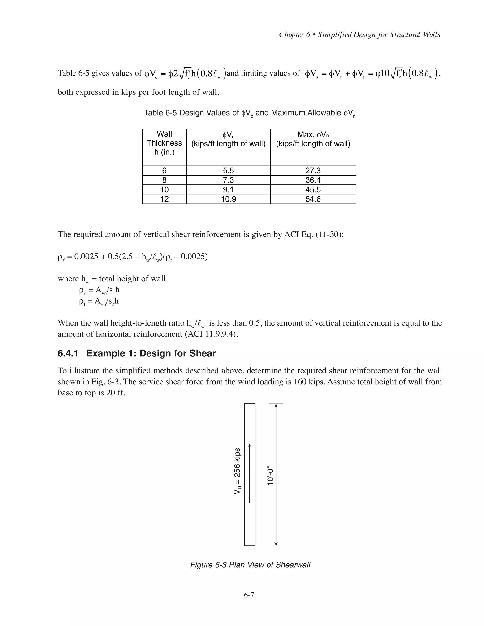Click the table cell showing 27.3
313,171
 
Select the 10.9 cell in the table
228,199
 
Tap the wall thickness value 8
164,180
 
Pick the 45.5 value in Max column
313,189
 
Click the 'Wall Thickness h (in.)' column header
164,143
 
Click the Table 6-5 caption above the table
250,113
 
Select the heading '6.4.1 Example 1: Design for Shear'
137,353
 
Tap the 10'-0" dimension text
270,477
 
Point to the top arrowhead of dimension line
276,406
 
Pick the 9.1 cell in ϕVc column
228,189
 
